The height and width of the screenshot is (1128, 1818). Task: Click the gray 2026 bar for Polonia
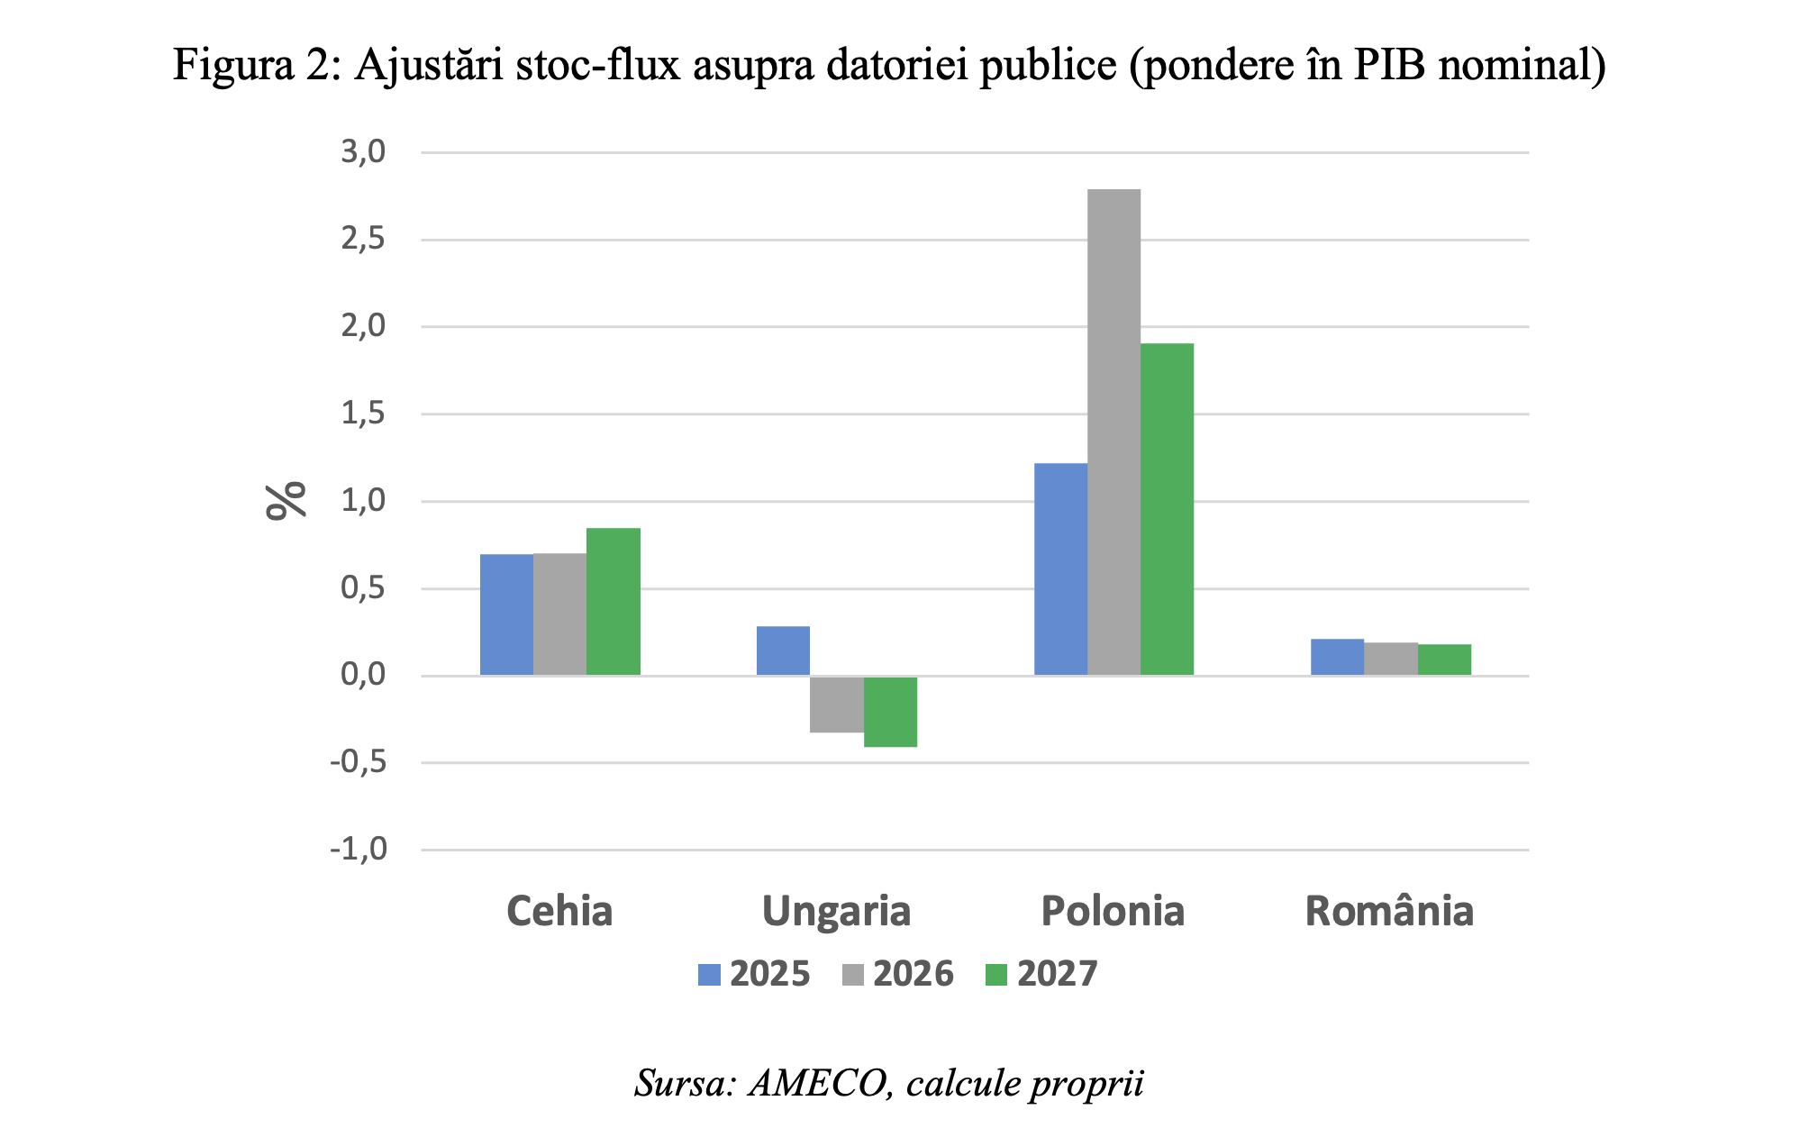(1114, 432)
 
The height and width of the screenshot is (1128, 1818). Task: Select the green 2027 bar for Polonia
(1167, 509)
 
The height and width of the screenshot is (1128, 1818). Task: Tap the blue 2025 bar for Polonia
(1060, 569)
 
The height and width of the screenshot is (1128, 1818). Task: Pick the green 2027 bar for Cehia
(614, 602)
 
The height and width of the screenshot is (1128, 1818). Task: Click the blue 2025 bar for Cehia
(506, 614)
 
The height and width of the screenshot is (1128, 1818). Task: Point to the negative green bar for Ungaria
(890, 712)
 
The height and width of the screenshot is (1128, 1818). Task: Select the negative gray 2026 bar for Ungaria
(837, 705)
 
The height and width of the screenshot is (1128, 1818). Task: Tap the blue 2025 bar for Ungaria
(783, 650)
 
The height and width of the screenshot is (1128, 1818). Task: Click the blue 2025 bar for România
(1337, 657)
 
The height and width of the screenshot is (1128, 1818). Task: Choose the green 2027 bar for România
(1444, 660)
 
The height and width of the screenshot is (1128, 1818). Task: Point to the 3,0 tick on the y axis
(363, 152)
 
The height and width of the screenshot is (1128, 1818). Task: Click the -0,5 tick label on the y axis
(359, 762)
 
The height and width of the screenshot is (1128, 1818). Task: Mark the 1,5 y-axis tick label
(363, 414)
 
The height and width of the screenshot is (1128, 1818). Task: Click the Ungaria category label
(836, 911)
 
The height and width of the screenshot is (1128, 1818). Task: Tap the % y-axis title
(286, 501)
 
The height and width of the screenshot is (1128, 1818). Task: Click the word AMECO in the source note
(821, 1083)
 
